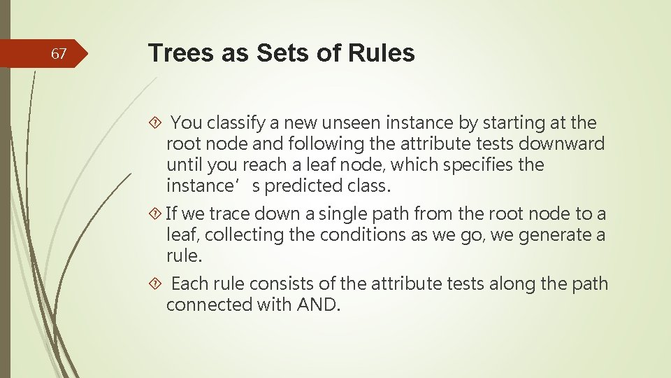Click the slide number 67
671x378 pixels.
click(x=59, y=54)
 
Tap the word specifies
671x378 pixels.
click(x=486, y=166)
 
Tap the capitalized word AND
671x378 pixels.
click(x=318, y=304)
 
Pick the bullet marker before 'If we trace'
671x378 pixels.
click(x=155, y=213)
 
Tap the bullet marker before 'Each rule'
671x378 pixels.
click(x=155, y=283)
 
